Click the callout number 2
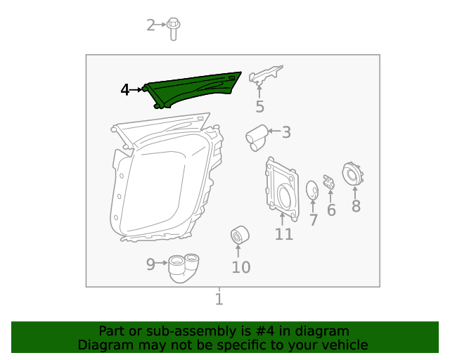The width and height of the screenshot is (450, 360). tap(150, 26)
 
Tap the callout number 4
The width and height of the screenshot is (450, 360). tap(124, 90)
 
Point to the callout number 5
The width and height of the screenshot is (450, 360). tap(259, 107)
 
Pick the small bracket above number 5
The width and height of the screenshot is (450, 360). tap(266, 75)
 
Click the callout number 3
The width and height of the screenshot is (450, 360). tap(285, 131)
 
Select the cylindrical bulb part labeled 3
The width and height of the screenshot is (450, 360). tap(257, 134)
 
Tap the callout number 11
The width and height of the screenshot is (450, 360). tap(283, 233)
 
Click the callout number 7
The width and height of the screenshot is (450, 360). tap(314, 220)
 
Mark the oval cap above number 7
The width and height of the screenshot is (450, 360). tap(312, 190)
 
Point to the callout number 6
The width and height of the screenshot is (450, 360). tap(331, 210)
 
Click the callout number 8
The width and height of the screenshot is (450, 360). tap(356, 206)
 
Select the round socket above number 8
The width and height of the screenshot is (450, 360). tap(351, 174)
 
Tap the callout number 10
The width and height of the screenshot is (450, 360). tap(240, 267)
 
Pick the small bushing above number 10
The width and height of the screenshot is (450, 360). tap(240, 235)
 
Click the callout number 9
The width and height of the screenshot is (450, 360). tap(150, 264)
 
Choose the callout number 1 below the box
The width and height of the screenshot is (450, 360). tap(219, 300)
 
